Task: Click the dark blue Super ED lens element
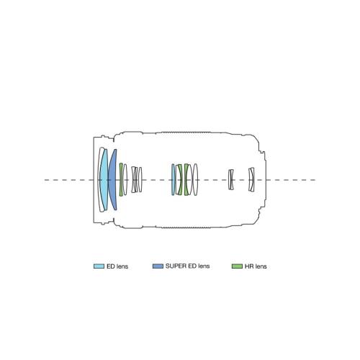coord(113,180)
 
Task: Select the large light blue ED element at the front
coord(104,180)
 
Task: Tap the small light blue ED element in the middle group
coord(173,179)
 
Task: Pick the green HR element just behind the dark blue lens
coord(121,179)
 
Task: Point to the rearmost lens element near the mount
coord(251,179)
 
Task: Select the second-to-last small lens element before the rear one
coord(231,179)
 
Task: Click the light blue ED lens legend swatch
coord(99,266)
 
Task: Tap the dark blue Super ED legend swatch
coord(158,266)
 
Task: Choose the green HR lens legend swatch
coord(237,266)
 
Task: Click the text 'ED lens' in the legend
coord(117,266)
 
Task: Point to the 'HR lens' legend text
coord(256,266)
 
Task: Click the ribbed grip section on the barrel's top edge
coord(186,132)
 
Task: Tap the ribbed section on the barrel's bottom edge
coord(186,228)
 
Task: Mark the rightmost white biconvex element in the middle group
coord(195,179)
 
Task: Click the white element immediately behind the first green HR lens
coord(125,179)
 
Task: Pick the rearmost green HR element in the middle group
coord(186,179)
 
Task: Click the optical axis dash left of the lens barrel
coord(69,180)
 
